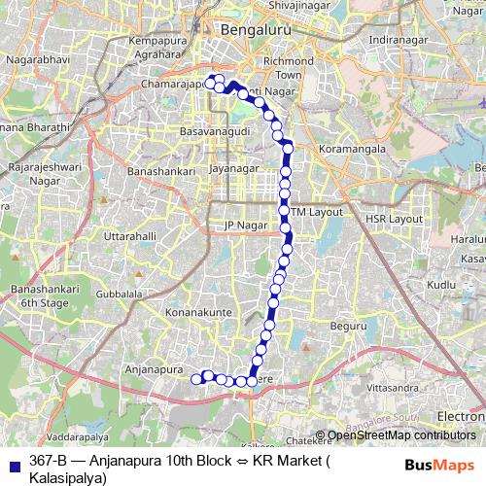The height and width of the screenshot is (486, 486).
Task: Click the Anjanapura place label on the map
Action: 156,369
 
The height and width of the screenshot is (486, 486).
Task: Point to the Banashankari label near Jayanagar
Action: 162,171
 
